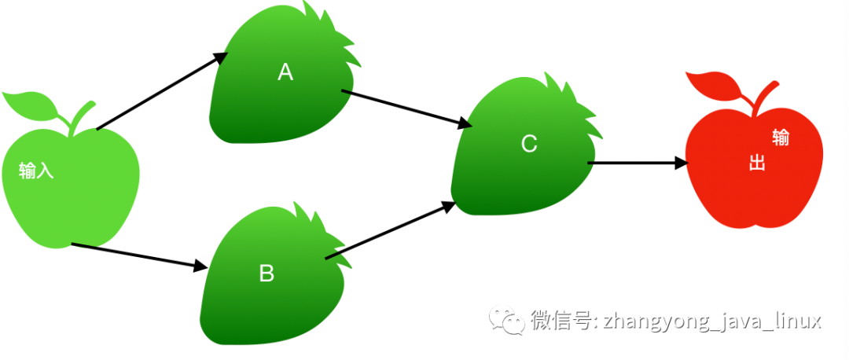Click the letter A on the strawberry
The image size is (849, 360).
285,72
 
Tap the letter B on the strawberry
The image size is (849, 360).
266,273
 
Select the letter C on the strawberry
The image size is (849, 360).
529,144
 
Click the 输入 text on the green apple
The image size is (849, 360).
37,171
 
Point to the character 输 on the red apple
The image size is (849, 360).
781,138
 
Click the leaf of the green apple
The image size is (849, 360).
29,103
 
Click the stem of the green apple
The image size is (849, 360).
81,116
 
